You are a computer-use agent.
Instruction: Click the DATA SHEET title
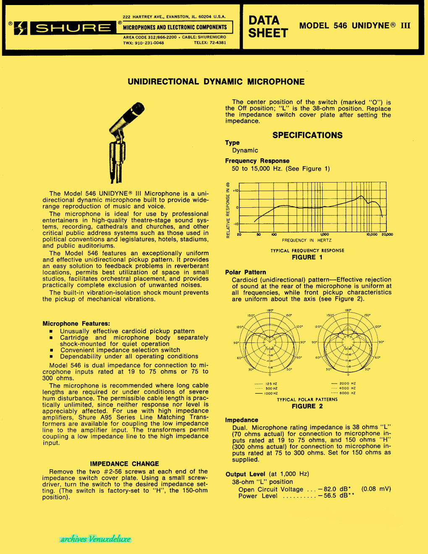(x=268, y=26)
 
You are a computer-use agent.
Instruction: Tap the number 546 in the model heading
(x=340, y=26)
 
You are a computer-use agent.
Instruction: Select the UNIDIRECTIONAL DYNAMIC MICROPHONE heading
(x=216, y=82)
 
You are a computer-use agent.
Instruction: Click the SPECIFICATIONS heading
(x=307, y=135)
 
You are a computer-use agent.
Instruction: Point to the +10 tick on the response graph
(x=235, y=191)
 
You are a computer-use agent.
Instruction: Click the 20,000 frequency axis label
(x=387, y=235)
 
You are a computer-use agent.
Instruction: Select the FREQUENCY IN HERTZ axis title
(x=306, y=240)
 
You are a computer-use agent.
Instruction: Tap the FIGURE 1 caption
(x=307, y=257)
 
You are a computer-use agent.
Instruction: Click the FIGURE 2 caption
(x=307, y=406)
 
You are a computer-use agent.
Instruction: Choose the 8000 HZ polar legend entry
(x=347, y=393)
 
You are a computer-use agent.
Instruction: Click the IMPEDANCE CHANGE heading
(x=124, y=464)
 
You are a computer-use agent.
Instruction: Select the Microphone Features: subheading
(x=76, y=324)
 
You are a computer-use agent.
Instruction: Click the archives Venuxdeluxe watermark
(x=95, y=539)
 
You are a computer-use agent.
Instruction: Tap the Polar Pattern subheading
(x=245, y=272)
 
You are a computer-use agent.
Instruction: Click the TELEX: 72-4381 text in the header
(x=210, y=43)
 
